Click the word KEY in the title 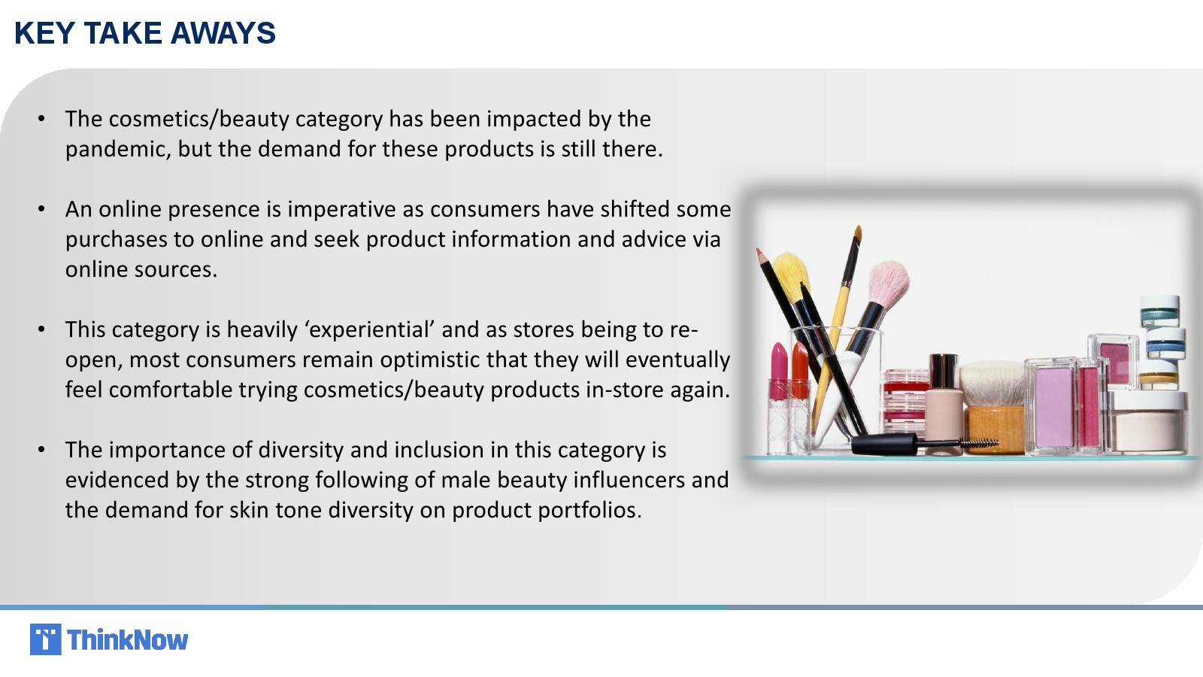click(44, 33)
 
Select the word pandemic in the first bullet click(118, 150)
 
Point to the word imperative click(341, 210)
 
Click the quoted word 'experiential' click(369, 330)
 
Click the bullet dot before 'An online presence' click(42, 210)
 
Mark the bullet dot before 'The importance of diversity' click(42, 451)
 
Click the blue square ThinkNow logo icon click(46, 639)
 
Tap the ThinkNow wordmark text click(128, 640)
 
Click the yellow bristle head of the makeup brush click(791, 272)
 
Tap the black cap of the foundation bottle click(944, 371)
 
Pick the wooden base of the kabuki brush click(995, 429)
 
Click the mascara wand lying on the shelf click(925, 444)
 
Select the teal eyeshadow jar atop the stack click(1160, 311)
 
